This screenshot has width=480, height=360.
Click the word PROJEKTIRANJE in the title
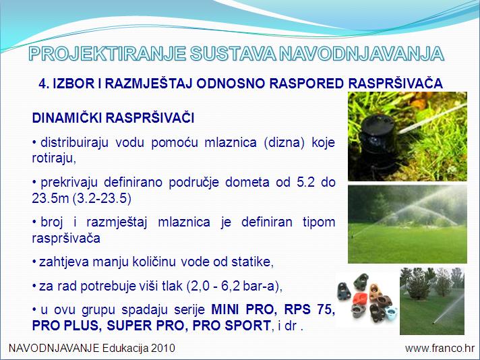coord(107,54)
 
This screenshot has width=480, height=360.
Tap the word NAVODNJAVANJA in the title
coord(362,54)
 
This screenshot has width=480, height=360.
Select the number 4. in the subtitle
coord(44,84)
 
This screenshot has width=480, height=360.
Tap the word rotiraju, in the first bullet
coord(54,158)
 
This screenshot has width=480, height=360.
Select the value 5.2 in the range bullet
coord(306,183)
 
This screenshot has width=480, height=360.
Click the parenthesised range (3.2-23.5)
coord(102,199)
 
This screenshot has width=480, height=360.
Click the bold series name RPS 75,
coord(309,310)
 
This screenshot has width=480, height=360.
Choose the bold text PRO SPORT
coord(232,326)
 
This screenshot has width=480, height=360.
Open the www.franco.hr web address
coord(440,349)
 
